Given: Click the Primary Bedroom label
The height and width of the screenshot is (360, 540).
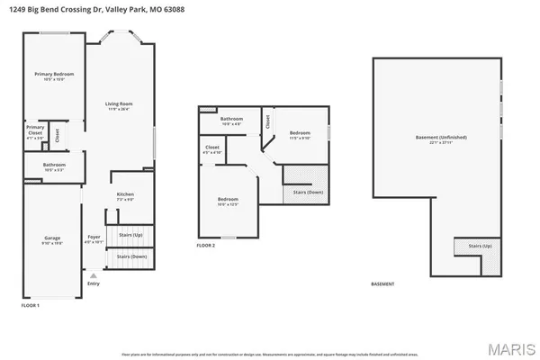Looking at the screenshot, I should (54, 74).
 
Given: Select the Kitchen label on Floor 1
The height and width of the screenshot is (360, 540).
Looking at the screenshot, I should (125, 194).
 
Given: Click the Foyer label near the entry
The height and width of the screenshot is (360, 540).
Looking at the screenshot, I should (94, 238).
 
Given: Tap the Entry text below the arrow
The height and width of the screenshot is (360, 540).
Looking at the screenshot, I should (94, 283).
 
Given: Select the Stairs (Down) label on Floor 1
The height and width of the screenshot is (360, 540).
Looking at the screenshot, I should (130, 256).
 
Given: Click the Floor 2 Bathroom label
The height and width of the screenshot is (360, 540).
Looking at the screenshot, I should (232, 119).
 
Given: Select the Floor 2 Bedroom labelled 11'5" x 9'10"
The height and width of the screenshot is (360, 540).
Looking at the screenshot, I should (299, 133).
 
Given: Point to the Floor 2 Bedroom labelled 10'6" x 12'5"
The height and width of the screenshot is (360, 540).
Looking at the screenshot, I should (228, 199).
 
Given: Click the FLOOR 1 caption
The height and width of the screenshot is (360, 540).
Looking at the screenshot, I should (31, 306).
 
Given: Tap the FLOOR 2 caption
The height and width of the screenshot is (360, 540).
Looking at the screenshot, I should (206, 245).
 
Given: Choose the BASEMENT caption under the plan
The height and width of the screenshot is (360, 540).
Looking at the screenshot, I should (382, 284).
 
